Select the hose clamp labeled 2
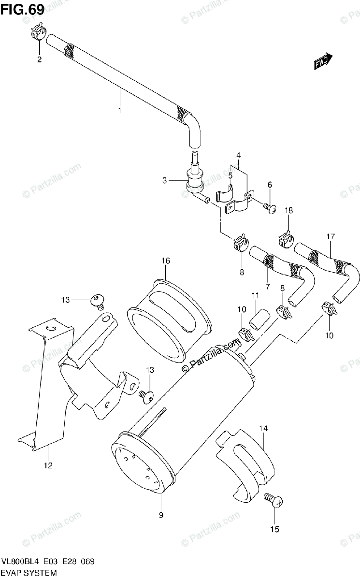[38, 33]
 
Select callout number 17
[331, 237]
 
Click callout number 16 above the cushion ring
[166, 261]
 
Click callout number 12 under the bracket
[48, 466]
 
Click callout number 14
[263, 428]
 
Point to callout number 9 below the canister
[161, 515]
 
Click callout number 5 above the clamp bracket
[230, 175]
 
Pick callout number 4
[238, 155]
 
